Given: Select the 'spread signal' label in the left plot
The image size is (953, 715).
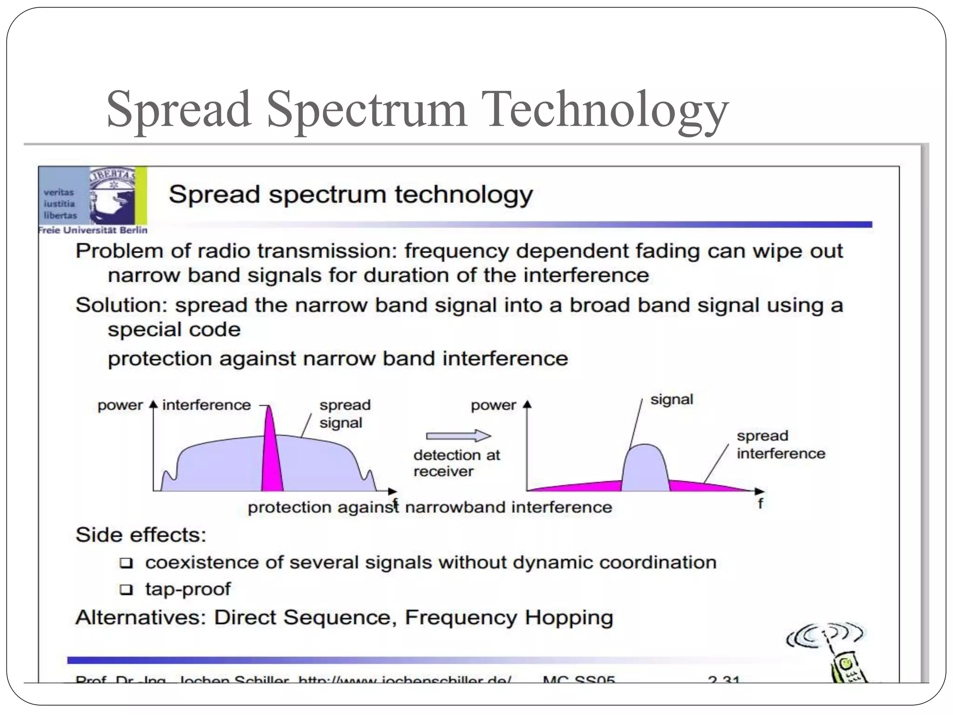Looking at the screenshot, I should pos(344,414).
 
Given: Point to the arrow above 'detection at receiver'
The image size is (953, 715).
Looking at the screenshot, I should pos(458,436).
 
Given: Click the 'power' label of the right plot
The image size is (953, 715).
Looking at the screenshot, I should pos(493,405).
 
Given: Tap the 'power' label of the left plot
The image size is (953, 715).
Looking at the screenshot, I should pos(120,405).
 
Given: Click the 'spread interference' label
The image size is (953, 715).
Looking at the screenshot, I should pos(780,445).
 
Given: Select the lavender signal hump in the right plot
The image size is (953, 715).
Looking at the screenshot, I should pos(645,468).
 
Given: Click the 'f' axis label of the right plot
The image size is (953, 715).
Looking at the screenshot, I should pos(760,504).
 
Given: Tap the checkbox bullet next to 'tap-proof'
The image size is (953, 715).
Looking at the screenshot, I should pos(126,590).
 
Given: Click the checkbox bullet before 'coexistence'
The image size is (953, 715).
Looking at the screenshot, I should pos(126,563).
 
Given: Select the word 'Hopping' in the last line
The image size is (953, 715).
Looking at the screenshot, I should pos(569,618).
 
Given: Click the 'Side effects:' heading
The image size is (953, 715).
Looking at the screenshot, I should pos(141,535).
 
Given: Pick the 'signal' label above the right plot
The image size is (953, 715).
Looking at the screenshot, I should pos(671,399).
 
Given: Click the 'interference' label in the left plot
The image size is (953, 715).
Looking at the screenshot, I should pos(206,405).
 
